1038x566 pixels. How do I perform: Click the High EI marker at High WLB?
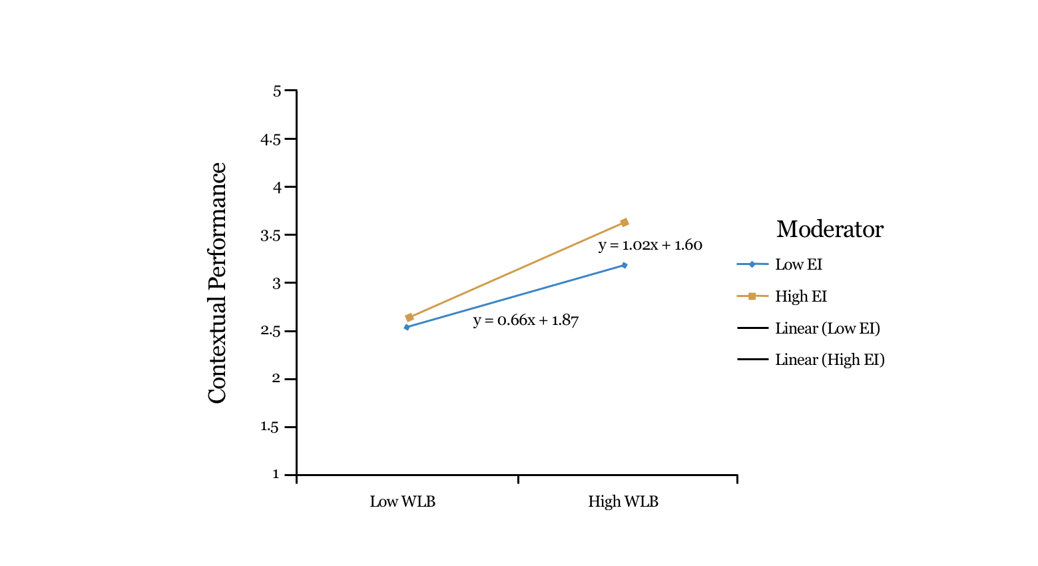pos(625,222)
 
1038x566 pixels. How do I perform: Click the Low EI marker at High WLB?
pos(625,265)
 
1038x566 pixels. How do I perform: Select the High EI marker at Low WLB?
pos(409,318)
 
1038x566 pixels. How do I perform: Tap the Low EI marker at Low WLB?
pos(407,327)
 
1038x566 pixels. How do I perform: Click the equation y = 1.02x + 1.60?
pos(650,245)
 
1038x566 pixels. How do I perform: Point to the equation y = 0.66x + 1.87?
pos(525,320)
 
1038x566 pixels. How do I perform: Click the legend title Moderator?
pos(829,229)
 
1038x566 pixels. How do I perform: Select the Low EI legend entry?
pos(798,264)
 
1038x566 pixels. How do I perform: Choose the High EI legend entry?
pos(800,296)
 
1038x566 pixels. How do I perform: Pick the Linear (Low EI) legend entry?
pos(827,328)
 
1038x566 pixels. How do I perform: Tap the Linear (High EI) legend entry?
pos(830,360)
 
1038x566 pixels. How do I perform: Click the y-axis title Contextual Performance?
pos(217,283)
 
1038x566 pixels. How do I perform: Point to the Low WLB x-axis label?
pos(402,501)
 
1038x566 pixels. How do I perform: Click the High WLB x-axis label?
pos(623,501)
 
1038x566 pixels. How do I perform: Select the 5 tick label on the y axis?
pos(277,91)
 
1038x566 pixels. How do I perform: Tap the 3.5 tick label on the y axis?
pos(270,235)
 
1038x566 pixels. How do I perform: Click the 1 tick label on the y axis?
pos(276,474)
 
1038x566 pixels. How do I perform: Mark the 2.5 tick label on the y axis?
pos(270,331)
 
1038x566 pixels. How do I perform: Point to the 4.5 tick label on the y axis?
pos(270,139)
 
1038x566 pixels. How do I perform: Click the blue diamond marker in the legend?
pos(752,264)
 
